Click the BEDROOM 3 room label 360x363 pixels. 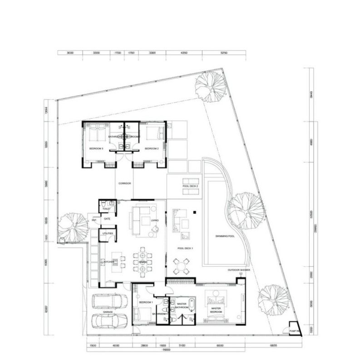(96, 149)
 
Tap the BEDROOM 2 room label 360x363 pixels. (151, 149)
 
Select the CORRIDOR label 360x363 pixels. (124, 183)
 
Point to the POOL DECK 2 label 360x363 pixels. (190, 186)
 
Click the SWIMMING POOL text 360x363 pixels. (225, 236)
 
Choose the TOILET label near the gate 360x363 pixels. (106, 209)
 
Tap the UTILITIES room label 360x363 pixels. (108, 233)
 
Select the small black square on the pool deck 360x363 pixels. (193, 211)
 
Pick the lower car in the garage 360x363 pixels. (109, 320)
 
